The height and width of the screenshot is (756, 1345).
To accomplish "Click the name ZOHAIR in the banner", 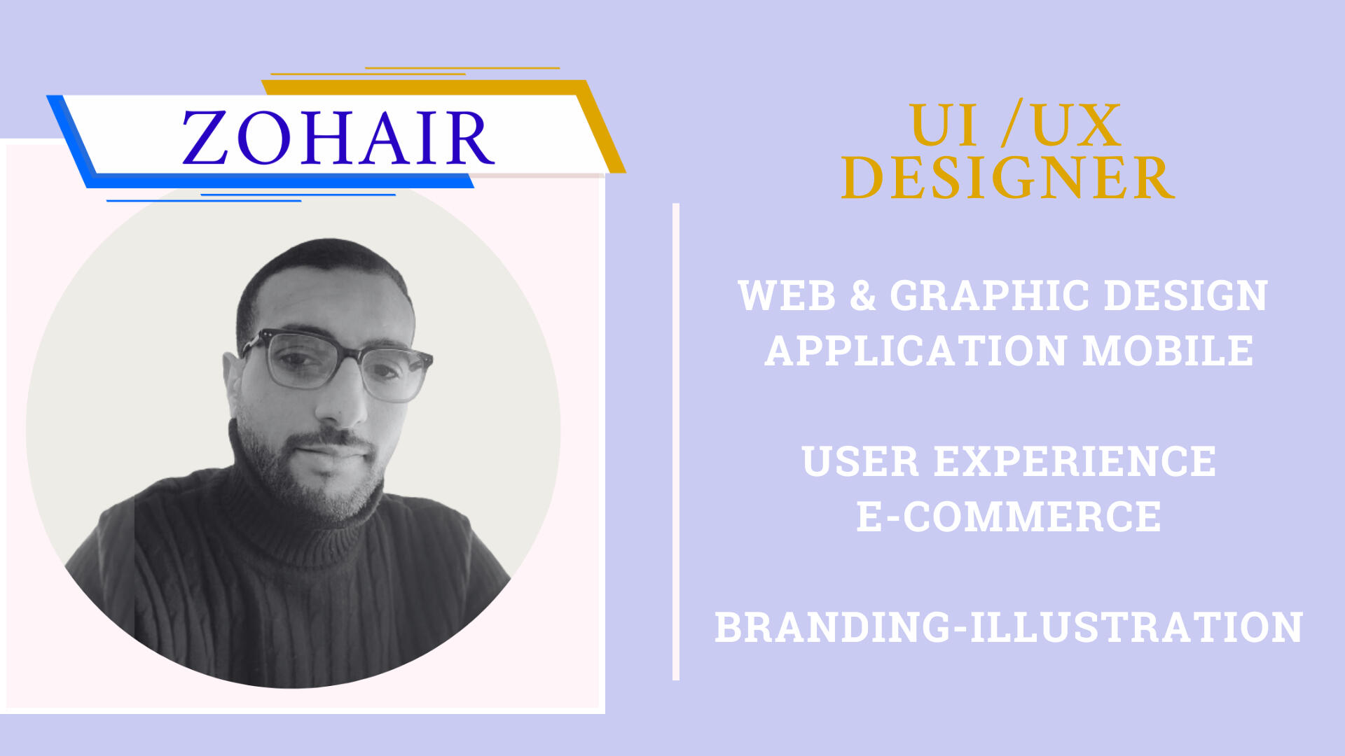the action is point(338,138).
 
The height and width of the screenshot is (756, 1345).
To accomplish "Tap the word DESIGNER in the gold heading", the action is point(1007,178).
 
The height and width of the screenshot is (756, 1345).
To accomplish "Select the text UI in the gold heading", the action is point(944,125).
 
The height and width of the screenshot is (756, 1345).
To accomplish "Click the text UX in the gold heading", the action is point(1077,125).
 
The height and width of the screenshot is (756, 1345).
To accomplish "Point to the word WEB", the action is point(787,295).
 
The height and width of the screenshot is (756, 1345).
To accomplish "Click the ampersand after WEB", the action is point(863,295).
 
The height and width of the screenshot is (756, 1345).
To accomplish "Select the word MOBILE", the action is point(1168,351).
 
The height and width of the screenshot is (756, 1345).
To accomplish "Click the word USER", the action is point(860,461).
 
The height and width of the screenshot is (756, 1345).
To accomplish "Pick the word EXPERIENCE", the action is point(1075,461).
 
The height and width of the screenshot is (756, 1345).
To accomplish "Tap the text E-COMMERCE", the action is point(1009,517).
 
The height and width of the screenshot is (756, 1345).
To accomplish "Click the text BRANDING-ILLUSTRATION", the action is point(1009,627).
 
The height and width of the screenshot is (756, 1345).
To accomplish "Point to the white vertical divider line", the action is point(676,442).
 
